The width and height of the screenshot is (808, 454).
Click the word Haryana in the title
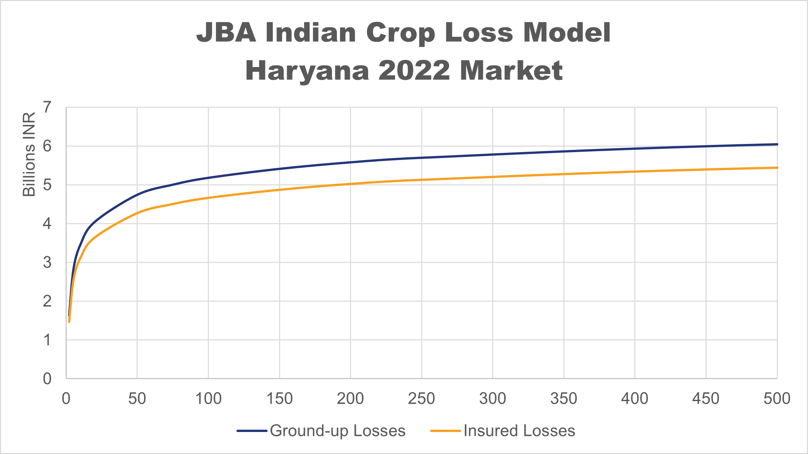click(x=307, y=71)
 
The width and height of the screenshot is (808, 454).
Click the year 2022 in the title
click(x=414, y=71)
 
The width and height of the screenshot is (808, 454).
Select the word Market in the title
click(x=511, y=71)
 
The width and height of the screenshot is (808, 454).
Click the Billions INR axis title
click(x=29, y=154)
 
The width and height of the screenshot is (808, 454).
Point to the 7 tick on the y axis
click(x=47, y=107)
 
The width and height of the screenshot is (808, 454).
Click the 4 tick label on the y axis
click(x=47, y=224)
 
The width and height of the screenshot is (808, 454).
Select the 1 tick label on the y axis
click(x=47, y=340)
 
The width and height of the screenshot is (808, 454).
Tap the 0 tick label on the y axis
click(x=47, y=379)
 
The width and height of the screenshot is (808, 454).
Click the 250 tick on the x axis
click(x=422, y=398)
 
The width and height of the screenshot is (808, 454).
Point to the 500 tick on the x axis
click(x=777, y=398)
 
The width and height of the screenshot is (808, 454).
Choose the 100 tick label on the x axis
click(x=208, y=398)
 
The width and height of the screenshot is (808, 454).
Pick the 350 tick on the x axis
click(x=564, y=398)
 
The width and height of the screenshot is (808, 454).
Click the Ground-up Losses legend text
click(x=338, y=431)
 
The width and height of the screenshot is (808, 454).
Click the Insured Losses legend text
click(x=519, y=431)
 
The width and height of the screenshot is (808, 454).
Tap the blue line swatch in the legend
click(x=252, y=431)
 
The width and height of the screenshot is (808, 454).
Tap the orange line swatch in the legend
click(x=446, y=431)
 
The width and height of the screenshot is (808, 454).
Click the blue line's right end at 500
click(x=777, y=144)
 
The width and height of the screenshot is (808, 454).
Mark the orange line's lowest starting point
click(x=69, y=322)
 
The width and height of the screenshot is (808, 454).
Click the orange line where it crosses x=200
click(x=351, y=184)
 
